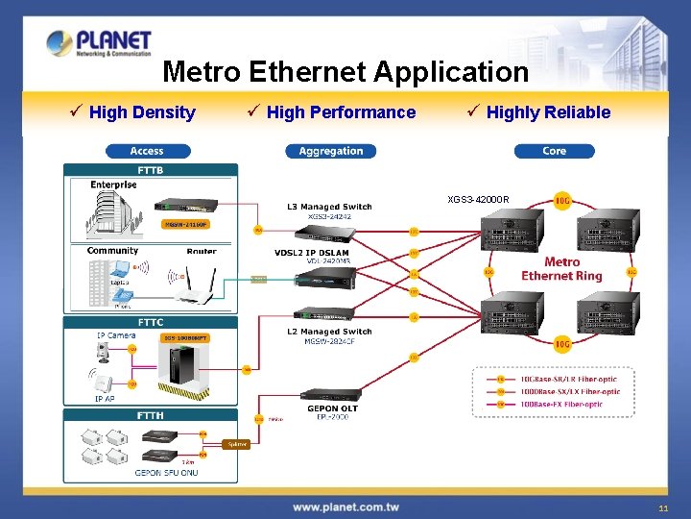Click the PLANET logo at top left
click(x=99, y=43)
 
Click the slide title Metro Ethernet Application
click(x=345, y=72)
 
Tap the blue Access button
click(x=147, y=151)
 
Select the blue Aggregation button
click(x=331, y=151)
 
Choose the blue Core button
click(x=554, y=151)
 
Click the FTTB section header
click(x=151, y=170)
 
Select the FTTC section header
click(x=151, y=322)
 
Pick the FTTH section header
click(x=151, y=415)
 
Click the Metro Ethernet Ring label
click(x=561, y=269)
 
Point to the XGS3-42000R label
click(x=478, y=200)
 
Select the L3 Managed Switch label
click(x=329, y=207)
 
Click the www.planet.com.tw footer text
click(x=345, y=507)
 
